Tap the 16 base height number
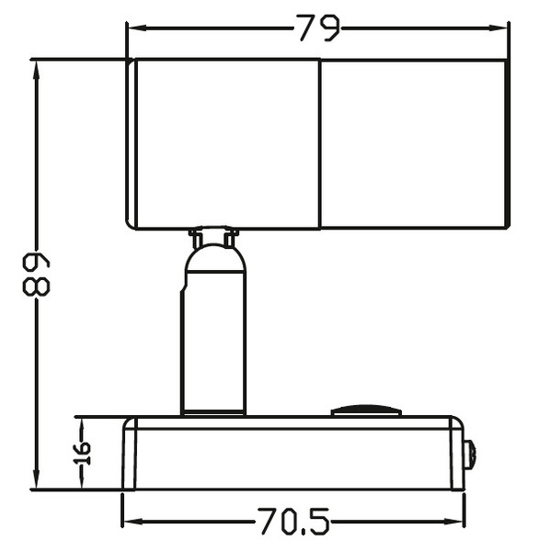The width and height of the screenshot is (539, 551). (x=82, y=452)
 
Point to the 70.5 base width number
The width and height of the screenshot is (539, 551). (x=293, y=523)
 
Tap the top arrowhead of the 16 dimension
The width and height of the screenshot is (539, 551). (x=82, y=423)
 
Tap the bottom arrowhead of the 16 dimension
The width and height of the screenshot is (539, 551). (x=82, y=483)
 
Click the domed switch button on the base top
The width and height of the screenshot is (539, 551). (x=366, y=410)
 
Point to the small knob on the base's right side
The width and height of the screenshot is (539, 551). (x=470, y=455)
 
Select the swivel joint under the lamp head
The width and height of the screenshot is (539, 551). (x=214, y=240)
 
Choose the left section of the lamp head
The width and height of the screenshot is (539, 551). (x=225, y=142)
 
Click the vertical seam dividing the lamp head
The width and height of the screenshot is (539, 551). (x=320, y=142)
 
